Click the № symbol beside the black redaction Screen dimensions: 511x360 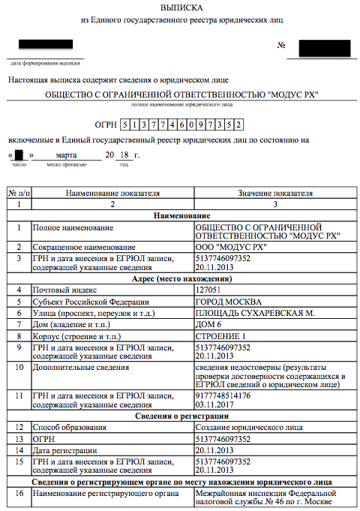click(x=282, y=46)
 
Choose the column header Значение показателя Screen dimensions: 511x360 click(x=274, y=193)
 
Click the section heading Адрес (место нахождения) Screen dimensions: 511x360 click(x=181, y=278)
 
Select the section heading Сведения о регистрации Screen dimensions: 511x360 click(x=181, y=416)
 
